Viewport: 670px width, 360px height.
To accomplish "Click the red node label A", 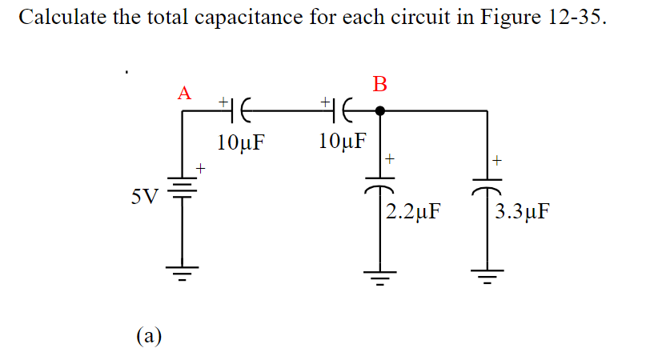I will [x=185, y=93].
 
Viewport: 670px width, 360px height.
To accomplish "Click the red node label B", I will [x=379, y=84].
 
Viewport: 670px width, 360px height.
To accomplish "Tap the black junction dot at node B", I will [x=380, y=111].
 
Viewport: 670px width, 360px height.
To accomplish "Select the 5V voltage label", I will [x=146, y=194].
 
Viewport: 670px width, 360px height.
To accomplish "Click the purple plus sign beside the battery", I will [x=202, y=169].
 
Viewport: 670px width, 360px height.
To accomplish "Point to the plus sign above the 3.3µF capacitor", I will [x=497, y=160].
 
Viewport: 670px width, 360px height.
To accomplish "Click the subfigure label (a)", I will [x=147, y=334].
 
